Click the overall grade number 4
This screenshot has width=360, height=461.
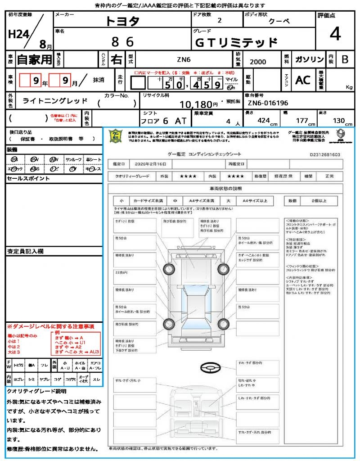click(x=335, y=34)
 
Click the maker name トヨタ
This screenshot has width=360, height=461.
click(x=122, y=22)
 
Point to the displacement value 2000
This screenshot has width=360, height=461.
click(x=257, y=62)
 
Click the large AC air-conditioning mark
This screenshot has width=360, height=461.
click(x=303, y=80)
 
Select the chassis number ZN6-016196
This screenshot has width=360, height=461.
click(x=268, y=103)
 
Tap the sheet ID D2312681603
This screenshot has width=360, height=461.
click(x=325, y=154)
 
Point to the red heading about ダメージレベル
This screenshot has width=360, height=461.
click(x=50, y=326)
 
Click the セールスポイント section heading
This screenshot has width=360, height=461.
click(x=22, y=179)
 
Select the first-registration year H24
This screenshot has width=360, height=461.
click(x=18, y=35)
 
